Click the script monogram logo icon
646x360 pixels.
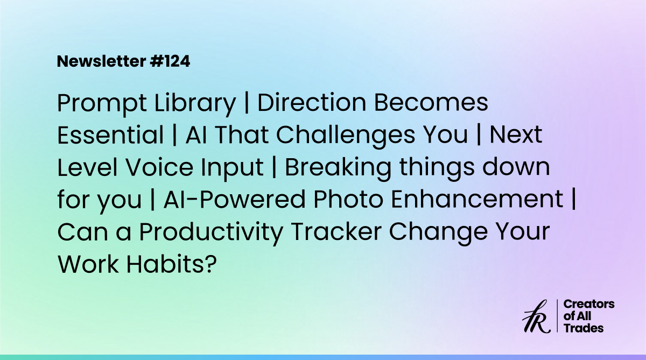[536, 317]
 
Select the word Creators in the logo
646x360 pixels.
[588, 305]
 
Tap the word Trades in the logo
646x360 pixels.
[583, 328]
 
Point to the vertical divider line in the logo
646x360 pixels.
[557, 316]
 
